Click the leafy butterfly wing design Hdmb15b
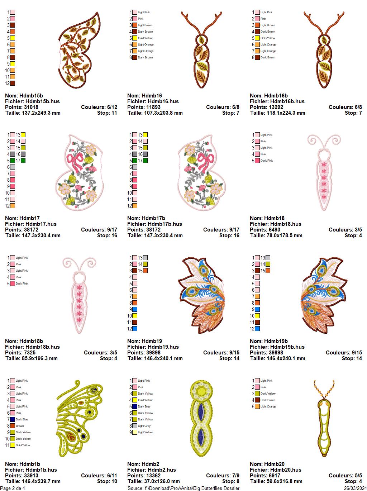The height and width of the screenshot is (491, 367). (x=79, y=50)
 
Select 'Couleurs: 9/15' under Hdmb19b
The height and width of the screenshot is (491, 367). (x=344, y=353)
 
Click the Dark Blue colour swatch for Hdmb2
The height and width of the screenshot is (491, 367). (x=135, y=406)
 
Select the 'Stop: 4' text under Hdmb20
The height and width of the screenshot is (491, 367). (x=353, y=481)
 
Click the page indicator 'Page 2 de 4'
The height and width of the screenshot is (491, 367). (x=13, y=488)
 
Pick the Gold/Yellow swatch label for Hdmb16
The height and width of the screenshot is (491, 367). (x=145, y=38)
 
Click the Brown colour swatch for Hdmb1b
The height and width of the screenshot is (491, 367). (x=13, y=426)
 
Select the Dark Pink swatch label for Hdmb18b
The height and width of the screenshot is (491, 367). (x=22, y=283)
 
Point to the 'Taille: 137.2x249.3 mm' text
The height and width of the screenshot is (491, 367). (x=33, y=113)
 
